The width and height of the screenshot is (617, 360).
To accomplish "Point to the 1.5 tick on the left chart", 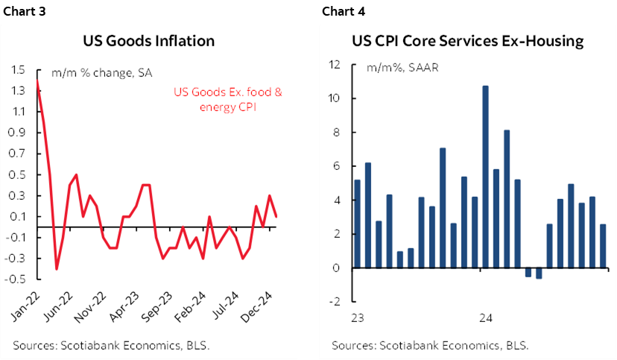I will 19,70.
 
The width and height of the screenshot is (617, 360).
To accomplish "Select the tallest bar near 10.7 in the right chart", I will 485,176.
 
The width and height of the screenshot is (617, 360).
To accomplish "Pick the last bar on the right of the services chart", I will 603,245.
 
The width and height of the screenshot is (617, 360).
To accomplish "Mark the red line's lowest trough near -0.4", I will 57,268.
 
